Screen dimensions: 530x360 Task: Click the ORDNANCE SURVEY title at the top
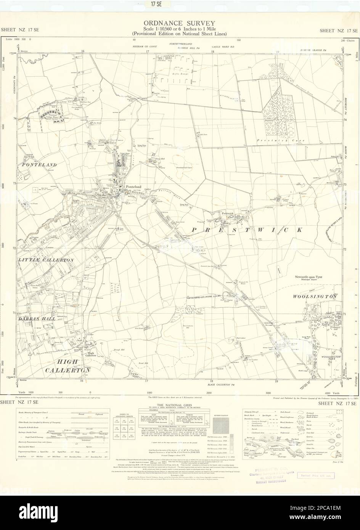click(180, 23)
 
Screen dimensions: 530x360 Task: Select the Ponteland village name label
click(134, 187)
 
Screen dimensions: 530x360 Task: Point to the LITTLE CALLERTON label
click(45, 260)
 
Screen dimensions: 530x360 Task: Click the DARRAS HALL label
click(37, 318)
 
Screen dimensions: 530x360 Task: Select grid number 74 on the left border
click(14, 119)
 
